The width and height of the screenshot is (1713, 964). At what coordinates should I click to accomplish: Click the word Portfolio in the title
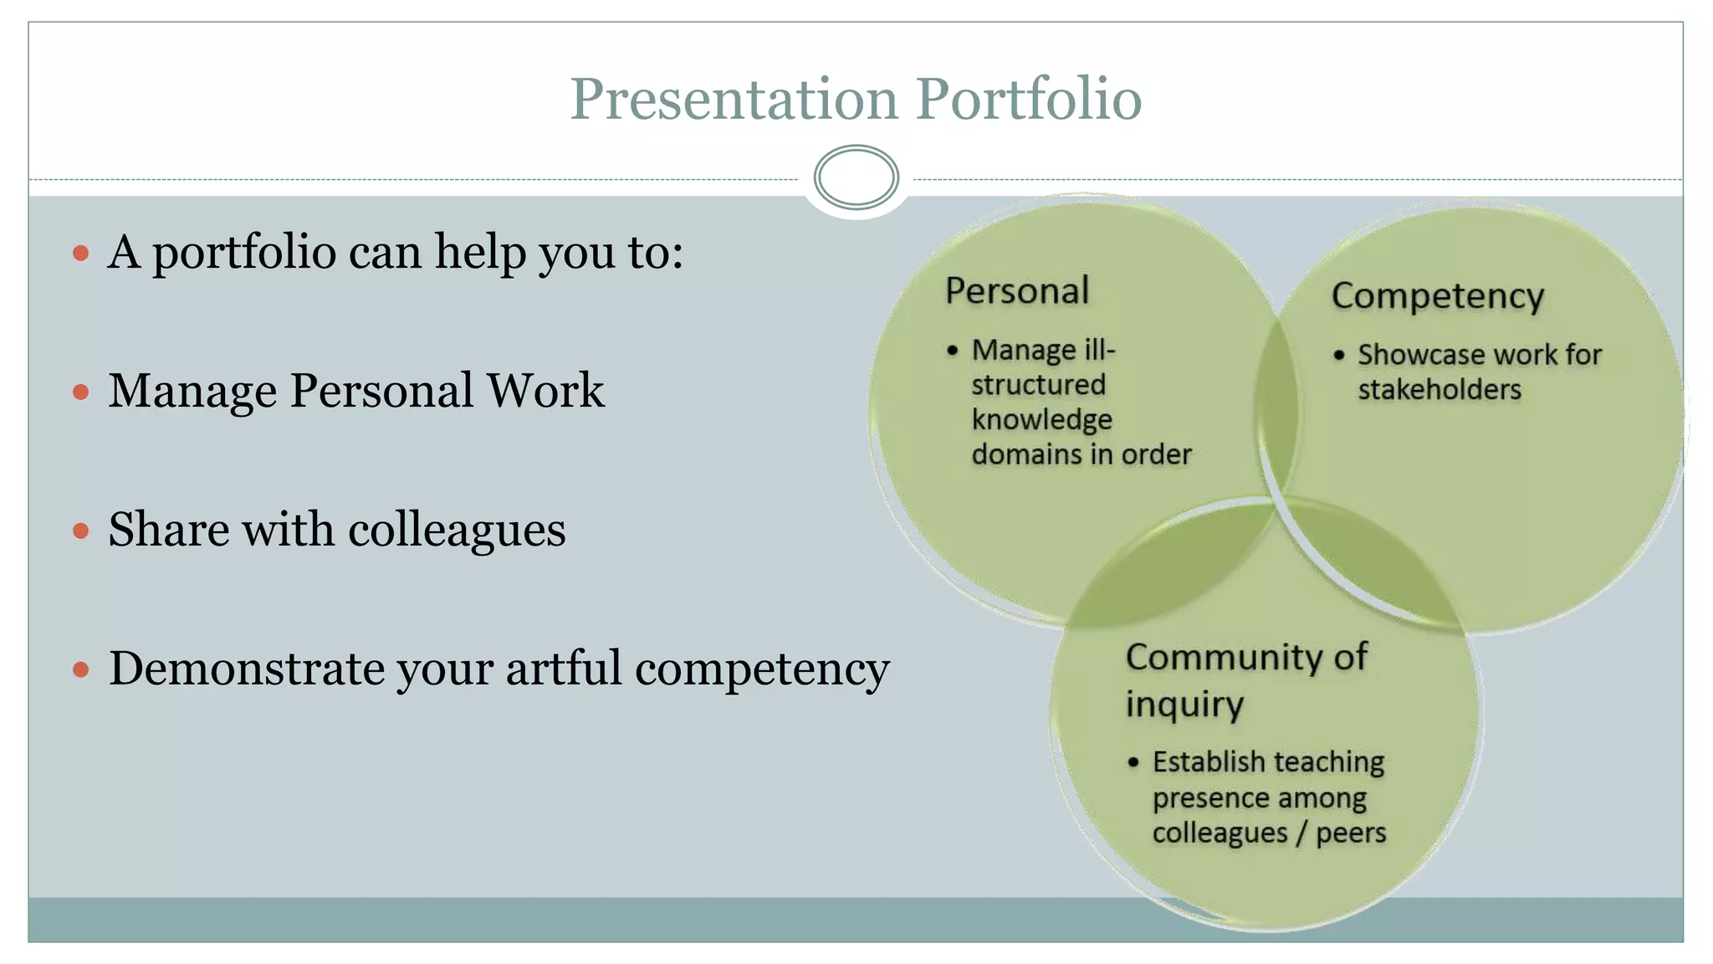click(1029, 100)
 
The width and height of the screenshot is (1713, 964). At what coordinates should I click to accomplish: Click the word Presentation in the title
click(734, 100)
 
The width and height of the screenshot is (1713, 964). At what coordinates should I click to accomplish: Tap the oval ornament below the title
click(856, 177)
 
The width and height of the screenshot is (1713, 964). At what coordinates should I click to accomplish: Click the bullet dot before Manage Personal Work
click(81, 392)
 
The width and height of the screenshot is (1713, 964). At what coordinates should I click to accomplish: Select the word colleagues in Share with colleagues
click(457, 531)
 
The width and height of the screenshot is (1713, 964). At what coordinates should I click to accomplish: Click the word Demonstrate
click(247, 669)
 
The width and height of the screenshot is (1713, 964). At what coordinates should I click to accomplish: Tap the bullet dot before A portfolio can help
click(81, 253)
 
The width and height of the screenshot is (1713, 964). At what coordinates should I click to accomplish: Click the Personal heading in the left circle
click(1017, 291)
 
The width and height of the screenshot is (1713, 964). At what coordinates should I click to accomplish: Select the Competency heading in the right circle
click(1437, 296)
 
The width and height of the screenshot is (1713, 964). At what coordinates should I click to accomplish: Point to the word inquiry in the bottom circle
click(1184, 705)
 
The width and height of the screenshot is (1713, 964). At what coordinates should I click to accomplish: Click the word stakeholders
click(1439, 390)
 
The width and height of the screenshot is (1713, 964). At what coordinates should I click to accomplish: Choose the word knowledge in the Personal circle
click(1041, 419)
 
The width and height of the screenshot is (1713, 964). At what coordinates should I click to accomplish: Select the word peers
click(1351, 833)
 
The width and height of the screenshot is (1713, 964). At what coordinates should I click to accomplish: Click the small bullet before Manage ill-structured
click(952, 351)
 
